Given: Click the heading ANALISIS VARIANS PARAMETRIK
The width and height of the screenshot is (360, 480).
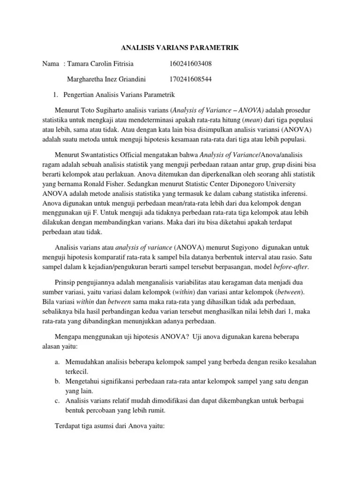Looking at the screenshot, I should tap(180, 47).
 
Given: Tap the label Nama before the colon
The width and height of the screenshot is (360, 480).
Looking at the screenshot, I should tap(51, 63).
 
